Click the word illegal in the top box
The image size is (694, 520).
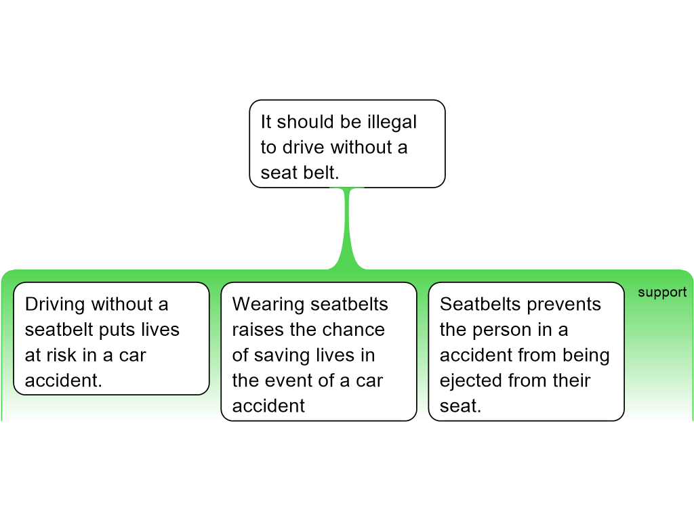393,122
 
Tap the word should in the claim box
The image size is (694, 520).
305,122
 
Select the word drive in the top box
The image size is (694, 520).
304,147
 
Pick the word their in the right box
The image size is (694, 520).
574,381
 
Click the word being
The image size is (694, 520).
588,355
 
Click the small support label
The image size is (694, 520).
662,292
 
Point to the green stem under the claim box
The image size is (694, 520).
348,227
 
